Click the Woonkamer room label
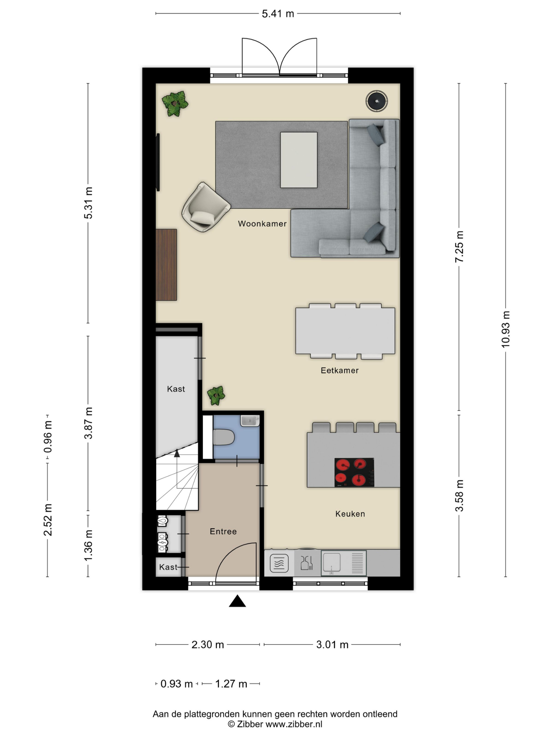(x=262, y=224)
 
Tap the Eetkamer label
(x=339, y=370)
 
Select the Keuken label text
(x=350, y=514)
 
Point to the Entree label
(x=223, y=531)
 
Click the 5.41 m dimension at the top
(x=278, y=14)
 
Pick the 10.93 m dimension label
(x=505, y=329)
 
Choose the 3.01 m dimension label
(x=332, y=645)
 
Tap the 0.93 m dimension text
(x=176, y=684)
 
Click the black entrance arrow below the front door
(x=237, y=601)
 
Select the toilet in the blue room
(x=224, y=437)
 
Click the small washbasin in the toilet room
(x=250, y=421)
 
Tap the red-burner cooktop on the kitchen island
(x=354, y=472)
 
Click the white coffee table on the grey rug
(x=299, y=160)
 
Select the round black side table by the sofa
(x=377, y=101)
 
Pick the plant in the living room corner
(x=175, y=104)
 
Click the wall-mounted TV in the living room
(x=158, y=162)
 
